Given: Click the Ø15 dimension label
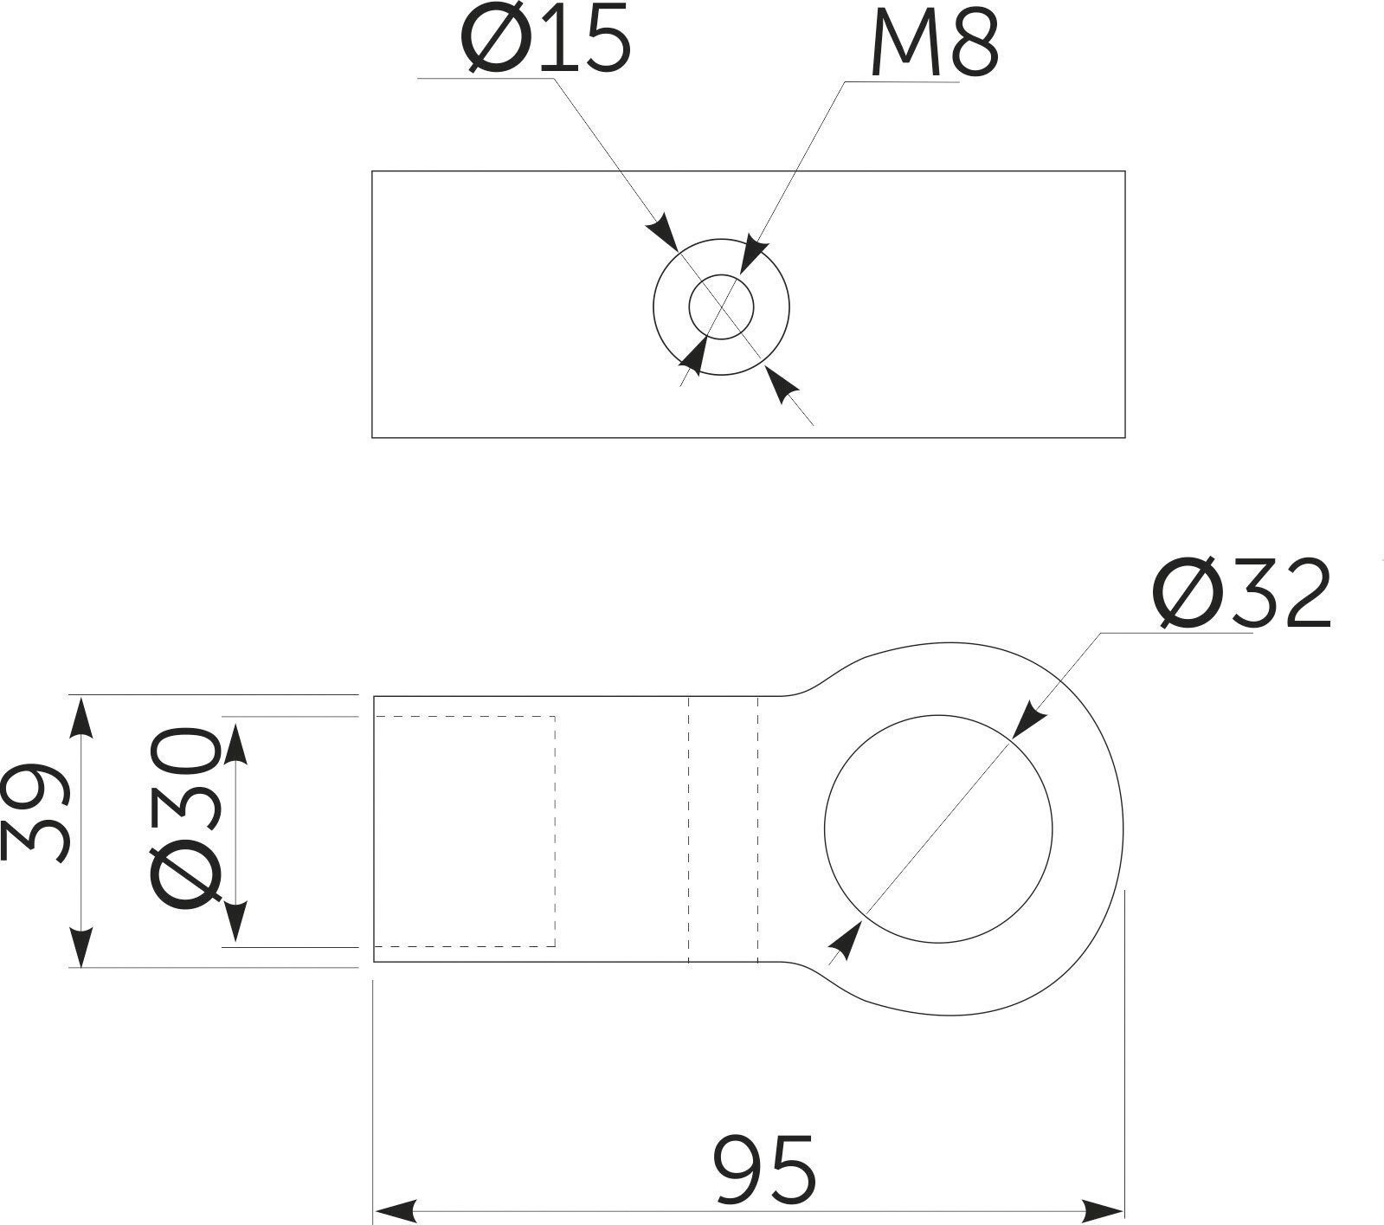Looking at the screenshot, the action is tap(546, 41).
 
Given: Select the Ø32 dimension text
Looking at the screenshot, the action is tap(1242, 594).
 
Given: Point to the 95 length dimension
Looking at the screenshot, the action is tap(766, 1170).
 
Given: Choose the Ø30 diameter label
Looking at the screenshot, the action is tap(183, 818).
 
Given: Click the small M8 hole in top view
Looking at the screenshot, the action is tap(721, 306).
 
